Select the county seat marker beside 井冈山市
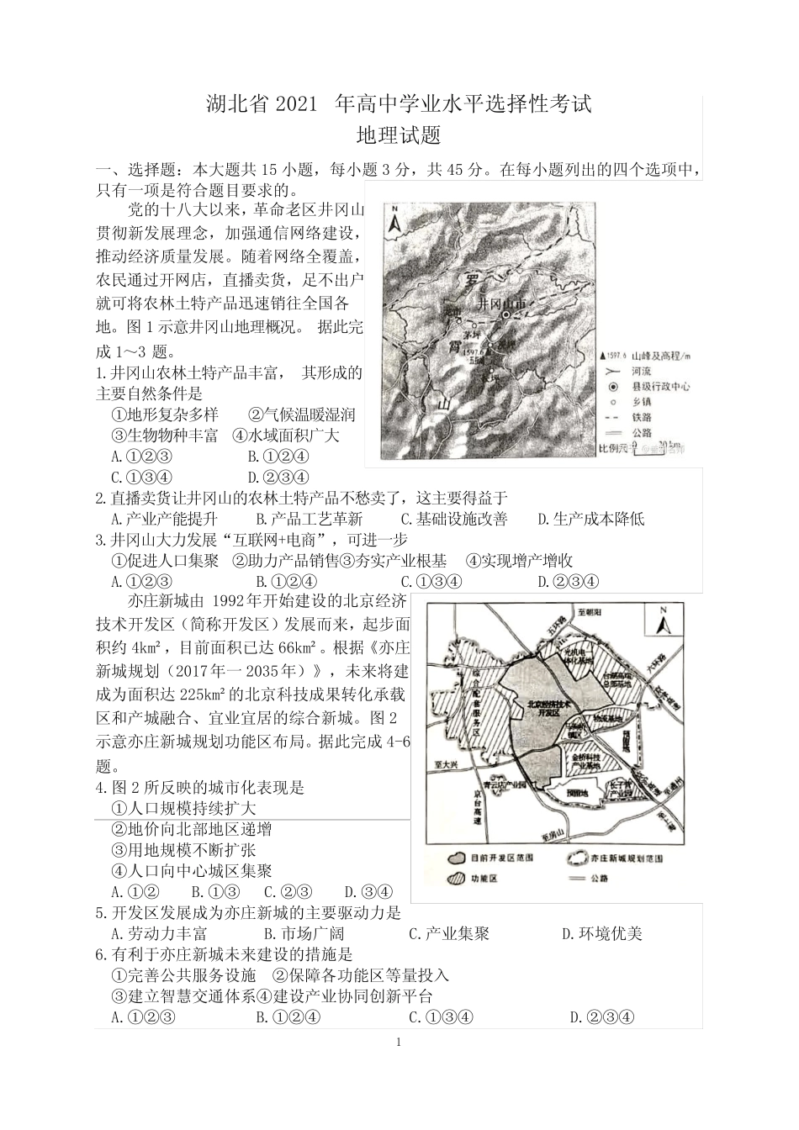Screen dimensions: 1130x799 click(506, 314)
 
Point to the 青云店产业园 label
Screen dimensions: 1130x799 click(506, 784)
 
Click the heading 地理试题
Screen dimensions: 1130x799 click(399, 135)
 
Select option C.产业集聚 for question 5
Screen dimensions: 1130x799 click(448, 933)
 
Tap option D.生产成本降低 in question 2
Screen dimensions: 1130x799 click(590, 519)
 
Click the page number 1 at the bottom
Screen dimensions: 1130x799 click(399, 1043)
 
